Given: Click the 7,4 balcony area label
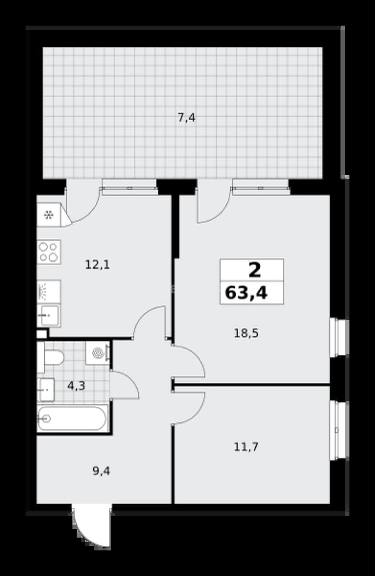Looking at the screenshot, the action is coord(186,118).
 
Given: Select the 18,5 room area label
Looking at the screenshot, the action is coord(246,333).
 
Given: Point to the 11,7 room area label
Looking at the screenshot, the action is coord(246,447).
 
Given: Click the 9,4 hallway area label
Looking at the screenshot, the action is coord(101,471).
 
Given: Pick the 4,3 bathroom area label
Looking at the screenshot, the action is coord(76,386).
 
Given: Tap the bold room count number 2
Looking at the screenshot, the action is coord(255,270).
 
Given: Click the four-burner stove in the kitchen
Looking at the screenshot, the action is coord(49,252).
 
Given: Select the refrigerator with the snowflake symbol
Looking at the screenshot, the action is coord(49,214).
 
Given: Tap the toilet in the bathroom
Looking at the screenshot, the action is coord(51,357).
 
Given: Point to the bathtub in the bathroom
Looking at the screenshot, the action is coord(72,419).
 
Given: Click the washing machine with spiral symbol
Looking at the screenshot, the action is coord(97,353).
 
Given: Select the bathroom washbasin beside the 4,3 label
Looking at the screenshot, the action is coord(46,389).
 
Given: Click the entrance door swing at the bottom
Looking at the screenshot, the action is coord(92,526).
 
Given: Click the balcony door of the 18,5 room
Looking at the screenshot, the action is coord(214,201).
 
